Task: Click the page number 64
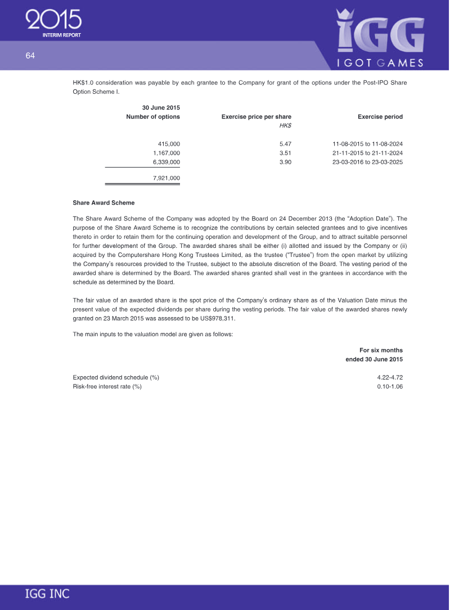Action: tap(30, 55)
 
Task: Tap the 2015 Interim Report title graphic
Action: tap(54, 23)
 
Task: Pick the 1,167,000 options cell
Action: tap(166, 153)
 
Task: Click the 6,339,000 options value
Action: tap(166, 162)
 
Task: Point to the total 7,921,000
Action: tap(166, 178)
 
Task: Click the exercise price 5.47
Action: tap(285, 144)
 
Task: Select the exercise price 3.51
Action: tap(285, 153)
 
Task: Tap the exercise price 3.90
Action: tap(285, 162)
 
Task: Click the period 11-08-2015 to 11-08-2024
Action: tap(367, 144)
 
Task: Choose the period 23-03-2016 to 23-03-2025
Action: tap(367, 162)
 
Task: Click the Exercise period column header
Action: tap(380, 117)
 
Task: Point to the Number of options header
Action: tap(153, 117)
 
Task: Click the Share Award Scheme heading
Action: tap(103, 202)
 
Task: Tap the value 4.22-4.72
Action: tap(390, 377)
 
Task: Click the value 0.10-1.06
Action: tap(390, 386)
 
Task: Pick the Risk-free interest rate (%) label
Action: tap(107, 386)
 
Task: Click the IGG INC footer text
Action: tap(47, 594)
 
